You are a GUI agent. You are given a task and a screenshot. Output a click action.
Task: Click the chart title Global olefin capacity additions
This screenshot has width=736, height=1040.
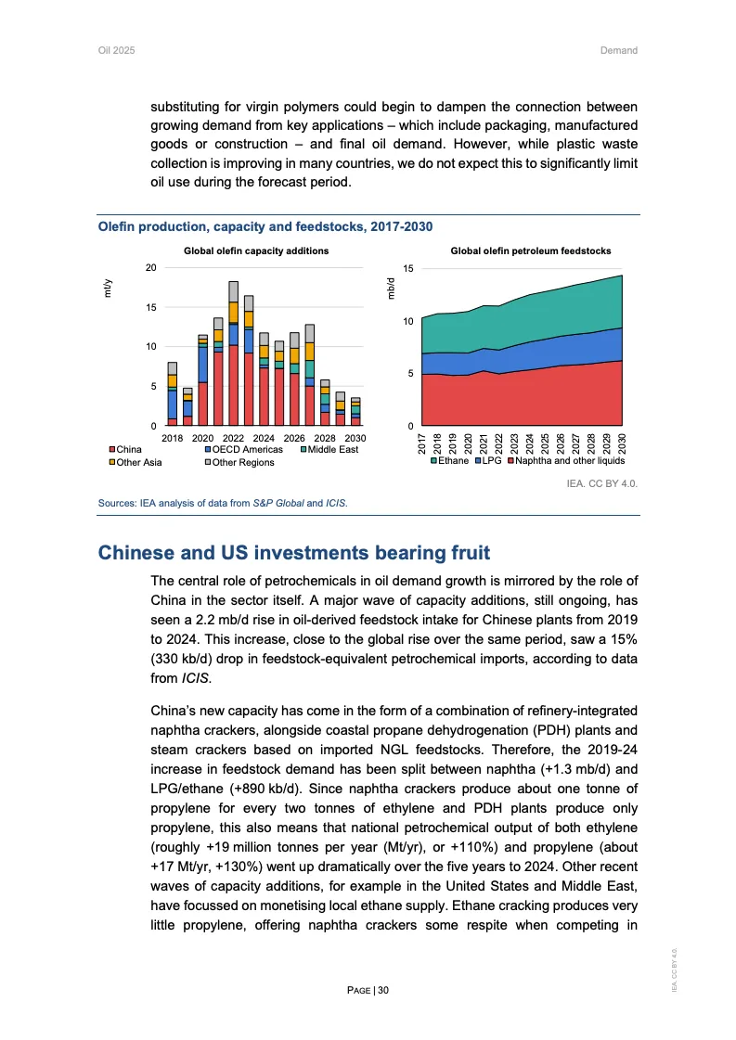coord(256,250)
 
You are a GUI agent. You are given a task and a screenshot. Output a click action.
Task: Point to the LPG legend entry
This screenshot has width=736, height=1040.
coord(490,460)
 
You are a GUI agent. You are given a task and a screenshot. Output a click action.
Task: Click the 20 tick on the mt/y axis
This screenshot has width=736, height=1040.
coord(150,267)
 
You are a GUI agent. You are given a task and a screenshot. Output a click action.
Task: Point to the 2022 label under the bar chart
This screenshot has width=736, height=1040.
coord(233,437)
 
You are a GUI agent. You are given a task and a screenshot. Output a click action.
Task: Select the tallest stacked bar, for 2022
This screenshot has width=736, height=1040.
coord(233,353)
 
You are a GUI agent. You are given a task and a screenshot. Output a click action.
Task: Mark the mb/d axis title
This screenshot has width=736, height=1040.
coord(389,289)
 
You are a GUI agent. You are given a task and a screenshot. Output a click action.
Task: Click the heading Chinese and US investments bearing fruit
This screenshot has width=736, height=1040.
coord(294,554)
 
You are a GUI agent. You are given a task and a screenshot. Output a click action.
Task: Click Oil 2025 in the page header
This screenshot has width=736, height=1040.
coord(117,50)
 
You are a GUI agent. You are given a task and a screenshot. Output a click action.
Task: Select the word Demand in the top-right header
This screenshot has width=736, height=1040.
coord(618,50)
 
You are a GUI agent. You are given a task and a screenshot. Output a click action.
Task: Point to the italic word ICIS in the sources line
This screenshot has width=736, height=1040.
coord(334,504)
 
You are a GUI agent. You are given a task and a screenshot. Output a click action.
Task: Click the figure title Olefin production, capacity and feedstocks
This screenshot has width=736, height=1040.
coord(265,226)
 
